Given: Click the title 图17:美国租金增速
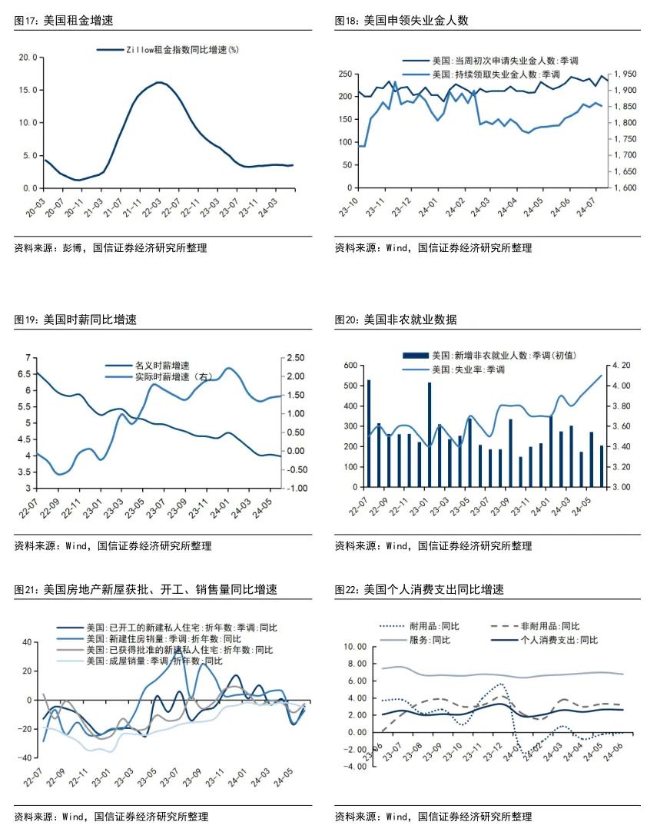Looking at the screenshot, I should click(58, 21).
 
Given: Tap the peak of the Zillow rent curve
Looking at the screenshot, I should click(158, 82).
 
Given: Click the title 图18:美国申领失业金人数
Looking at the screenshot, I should click(401, 21).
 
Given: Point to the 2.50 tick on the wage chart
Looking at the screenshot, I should click(297, 358).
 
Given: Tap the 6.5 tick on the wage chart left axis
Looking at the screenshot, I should click(29, 374).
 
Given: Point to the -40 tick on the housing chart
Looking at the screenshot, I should click(25, 758).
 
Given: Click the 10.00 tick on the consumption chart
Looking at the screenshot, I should click(355, 647).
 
